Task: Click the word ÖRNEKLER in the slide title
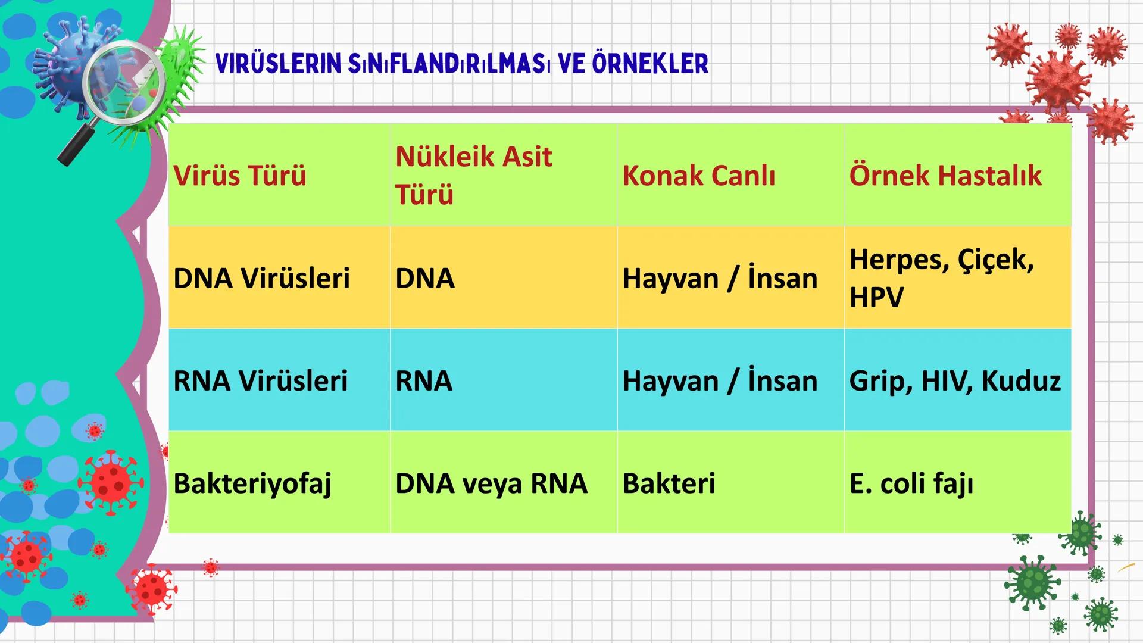(x=650, y=64)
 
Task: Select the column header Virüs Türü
(x=239, y=176)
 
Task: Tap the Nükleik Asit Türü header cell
(x=474, y=175)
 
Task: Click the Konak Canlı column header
(x=698, y=176)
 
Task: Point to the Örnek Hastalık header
(x=945, y=176)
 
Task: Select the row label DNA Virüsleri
(x=261, y=278)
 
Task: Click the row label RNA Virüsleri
(x=260, y=380)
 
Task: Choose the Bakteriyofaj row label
(x=252, y=483)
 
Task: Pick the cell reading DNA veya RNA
(x=491, y=483)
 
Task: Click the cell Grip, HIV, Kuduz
(x=954, y=380)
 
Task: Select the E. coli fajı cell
(x=911, y=483)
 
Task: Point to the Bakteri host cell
(x=669, y=483)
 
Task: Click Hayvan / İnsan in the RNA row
(x=720, y=380)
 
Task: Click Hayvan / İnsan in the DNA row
(x=720, y=278)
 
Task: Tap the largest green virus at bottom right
(x=1033, y=582)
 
